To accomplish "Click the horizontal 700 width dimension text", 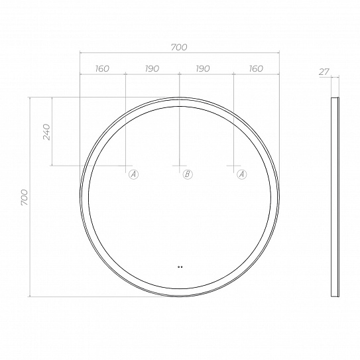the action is [179, 47].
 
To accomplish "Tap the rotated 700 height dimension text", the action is [25, 198].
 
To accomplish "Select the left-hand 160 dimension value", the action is [102, 68].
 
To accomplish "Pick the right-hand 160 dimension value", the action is [256, 68].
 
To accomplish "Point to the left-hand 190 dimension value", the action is [152, 68].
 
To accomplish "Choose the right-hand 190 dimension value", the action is [203, 68].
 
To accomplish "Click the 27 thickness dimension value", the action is [324, 72].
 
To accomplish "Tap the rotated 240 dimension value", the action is [46, 132].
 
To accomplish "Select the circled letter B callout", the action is [188, 174].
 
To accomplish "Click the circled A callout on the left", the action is [133, 174].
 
